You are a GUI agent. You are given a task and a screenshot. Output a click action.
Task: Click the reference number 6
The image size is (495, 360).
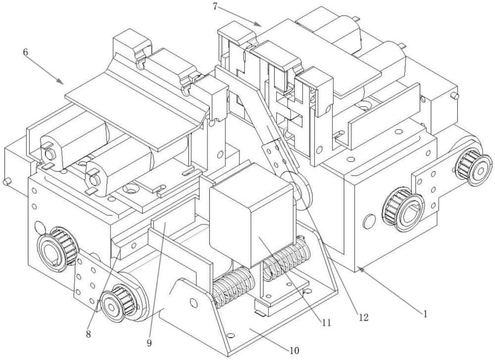(x=26, y=52)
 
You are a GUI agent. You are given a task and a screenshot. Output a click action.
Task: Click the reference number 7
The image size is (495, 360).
(x=215, y=6)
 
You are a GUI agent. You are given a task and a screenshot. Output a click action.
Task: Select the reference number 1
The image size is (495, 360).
(x=425, y=313)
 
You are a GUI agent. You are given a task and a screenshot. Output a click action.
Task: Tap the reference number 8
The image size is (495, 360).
(x=89, y=334)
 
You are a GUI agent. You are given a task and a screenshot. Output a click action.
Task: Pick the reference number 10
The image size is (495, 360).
(x=294, y=350)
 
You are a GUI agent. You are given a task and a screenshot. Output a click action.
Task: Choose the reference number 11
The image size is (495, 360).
(x=326, y=322)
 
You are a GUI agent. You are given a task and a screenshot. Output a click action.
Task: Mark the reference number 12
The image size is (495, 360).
(x=364, y=317)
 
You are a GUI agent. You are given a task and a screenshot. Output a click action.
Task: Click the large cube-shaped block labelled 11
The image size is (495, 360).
(x=252, y=215)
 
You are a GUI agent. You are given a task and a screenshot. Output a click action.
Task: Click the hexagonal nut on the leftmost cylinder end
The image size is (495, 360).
(x=49, y=154)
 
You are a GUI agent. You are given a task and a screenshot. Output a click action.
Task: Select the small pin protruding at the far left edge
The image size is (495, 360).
(x=7, y=182)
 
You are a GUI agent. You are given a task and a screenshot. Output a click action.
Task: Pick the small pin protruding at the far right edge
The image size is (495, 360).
(x=455, y=96)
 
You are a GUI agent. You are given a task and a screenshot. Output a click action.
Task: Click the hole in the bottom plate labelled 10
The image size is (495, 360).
(x=231, y=335)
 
